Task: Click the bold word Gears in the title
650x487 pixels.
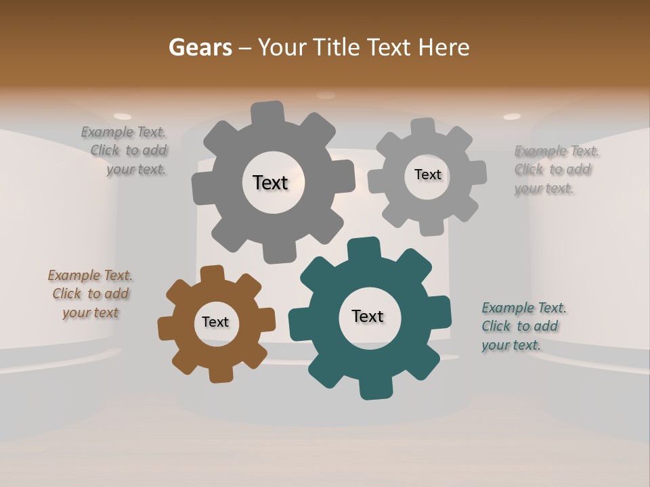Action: pos(200,47)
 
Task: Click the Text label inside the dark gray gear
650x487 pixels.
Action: pos(270,183)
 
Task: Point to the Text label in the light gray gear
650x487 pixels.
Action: pos(427,175)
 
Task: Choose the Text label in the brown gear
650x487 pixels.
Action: pos(215,322)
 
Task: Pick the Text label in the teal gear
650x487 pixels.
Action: pos(367,316)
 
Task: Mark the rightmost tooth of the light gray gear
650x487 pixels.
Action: pos(477,172)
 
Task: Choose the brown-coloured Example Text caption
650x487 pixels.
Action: pos(90,294)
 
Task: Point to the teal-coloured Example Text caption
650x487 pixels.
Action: pos(521,326)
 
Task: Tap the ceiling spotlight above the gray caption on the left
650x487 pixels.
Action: pos(123,116)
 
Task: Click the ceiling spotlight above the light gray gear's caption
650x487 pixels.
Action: pos(512,116)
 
